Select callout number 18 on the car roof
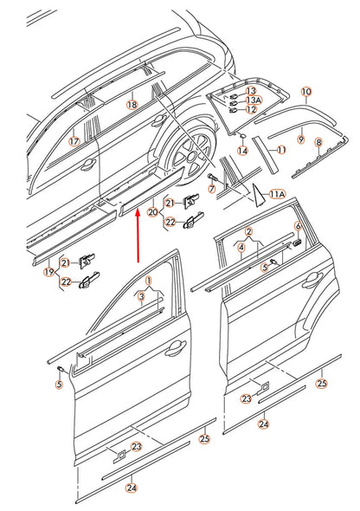132,105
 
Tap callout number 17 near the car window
74,140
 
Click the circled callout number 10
305,91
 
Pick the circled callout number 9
300,139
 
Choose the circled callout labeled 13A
252,100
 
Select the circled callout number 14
242,151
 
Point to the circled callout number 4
241,247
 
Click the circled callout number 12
252,109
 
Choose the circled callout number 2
248,232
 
